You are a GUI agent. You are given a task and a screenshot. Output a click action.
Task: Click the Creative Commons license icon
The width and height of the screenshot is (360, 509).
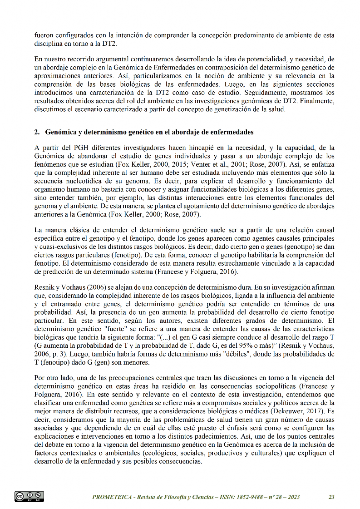pos(29,496)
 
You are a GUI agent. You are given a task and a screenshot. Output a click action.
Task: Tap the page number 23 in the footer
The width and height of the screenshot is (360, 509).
pos(331,497)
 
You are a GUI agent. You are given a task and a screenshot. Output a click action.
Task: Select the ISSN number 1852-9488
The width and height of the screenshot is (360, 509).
pos(241,497)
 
